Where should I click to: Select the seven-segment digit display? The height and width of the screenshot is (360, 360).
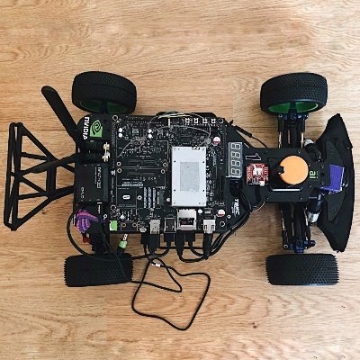coord(235,159)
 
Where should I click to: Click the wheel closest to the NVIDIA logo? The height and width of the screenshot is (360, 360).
coord(103,89)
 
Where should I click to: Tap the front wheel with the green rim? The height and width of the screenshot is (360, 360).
coord(293,93)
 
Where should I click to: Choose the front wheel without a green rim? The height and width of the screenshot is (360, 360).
coord(301,268)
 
